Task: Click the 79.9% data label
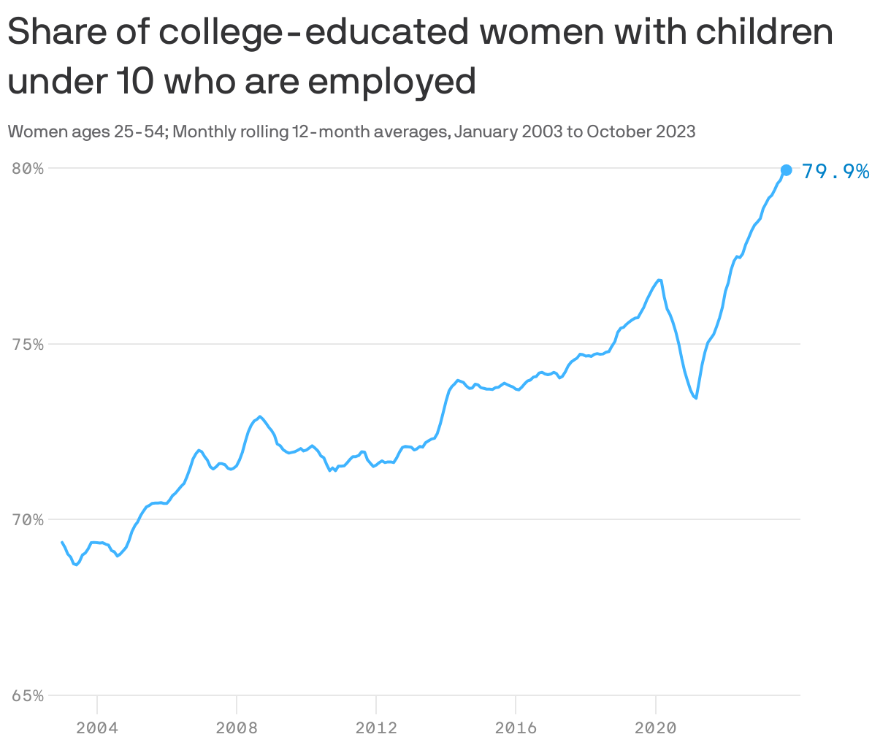pos(835,172)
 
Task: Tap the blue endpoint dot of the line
pos(786,170)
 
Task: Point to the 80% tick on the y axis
pos(28,168)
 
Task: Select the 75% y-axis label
pos(28,344)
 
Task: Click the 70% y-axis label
pos(28,520)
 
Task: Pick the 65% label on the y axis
pos(28,696)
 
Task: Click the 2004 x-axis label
pos(97,727)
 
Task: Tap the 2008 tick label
pos(237,727)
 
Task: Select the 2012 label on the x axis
pos(376,727)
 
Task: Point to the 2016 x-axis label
pos(516,727)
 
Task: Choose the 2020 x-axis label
pos(655,727)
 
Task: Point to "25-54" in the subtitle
pos(143,132)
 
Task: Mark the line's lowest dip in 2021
pos(696,398)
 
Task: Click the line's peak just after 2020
pos(659,280)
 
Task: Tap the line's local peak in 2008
pos(260,416)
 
